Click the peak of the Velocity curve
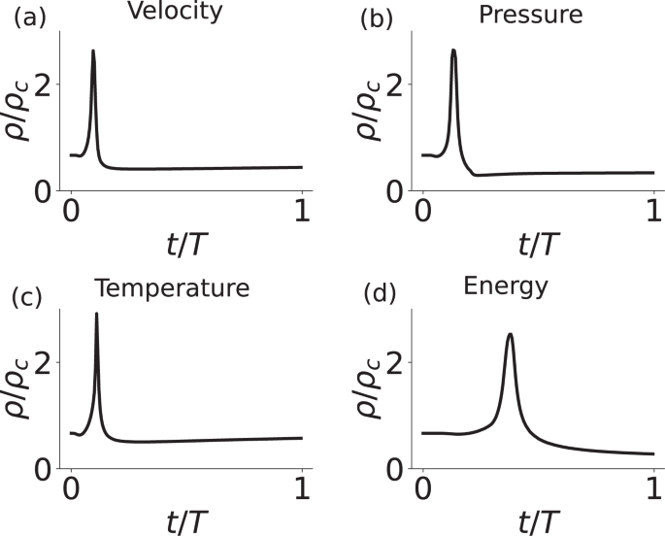pyautogui.click(x=93, y=50)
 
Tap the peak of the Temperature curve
pyautogui.click(x=96, y=314)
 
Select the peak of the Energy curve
pyautogui.click(x=510, y=334)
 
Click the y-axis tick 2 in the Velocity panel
pyautogui.click(x=44, y=84)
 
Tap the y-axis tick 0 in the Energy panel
pyautogui.click(x=397, y=469)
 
